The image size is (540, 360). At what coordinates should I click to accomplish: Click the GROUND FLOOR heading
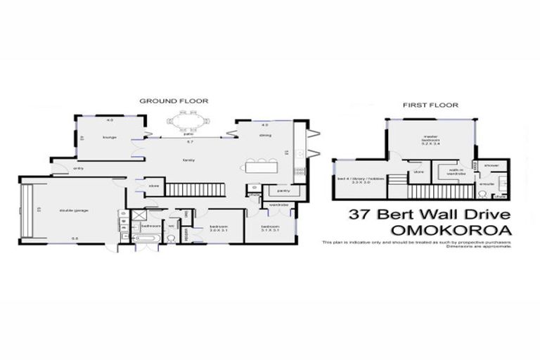pyautogui.click(x=174, y=101)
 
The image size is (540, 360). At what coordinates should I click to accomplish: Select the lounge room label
pyautogui.click(x=109, y=138)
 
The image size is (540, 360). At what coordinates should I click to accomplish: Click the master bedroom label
pyautogui.click(x=431, y=139)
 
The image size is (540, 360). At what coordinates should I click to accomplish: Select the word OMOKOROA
pyautogui.click(x=429, y=230)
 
